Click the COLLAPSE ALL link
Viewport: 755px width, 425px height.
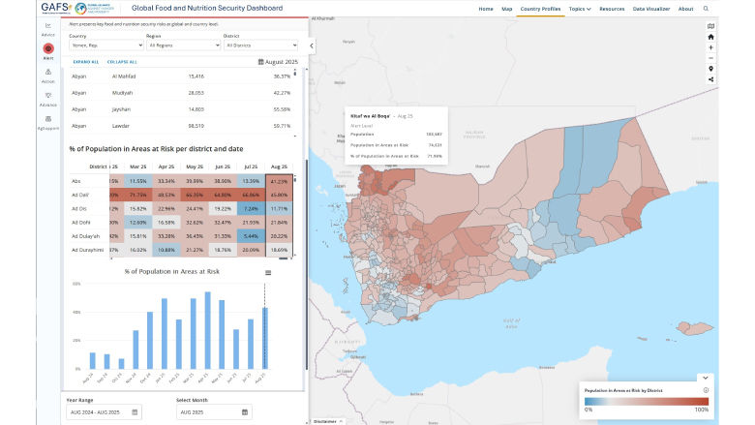[123, 62]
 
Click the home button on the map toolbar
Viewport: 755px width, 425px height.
[711, 37]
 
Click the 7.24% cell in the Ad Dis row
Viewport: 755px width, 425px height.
[252, 208]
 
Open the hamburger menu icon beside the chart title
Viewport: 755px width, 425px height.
[266, 273]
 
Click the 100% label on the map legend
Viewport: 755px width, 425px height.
[701, 410]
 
